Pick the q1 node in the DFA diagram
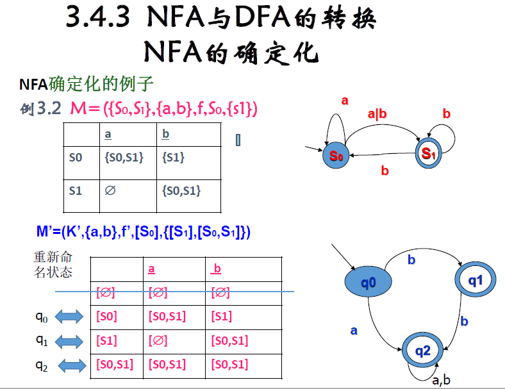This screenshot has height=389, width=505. pos(475,279)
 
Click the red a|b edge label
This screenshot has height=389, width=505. pos(377,114)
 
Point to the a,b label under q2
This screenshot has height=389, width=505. pos(441,380)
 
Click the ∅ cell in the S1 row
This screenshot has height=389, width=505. pos(110,190)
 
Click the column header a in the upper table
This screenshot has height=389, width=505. pos(108,134)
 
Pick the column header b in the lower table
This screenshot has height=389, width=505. pos(217,269)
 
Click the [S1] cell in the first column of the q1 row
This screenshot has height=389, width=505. pos(106,341)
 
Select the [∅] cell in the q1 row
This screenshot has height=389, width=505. pos(158,341)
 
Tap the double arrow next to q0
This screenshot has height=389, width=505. pos(69,317)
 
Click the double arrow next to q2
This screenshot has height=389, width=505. pos(72,365)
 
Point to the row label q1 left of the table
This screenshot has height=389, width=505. pos(42,341)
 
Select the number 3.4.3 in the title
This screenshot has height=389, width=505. pos(98,19)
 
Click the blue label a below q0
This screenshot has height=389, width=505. pos(353,331)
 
